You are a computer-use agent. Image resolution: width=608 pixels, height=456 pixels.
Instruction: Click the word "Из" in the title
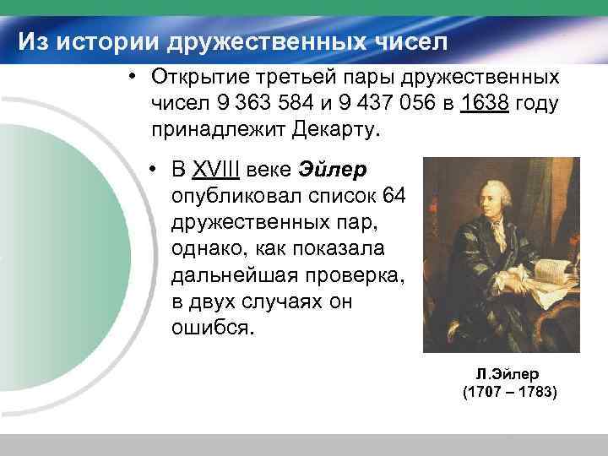coord(35,41)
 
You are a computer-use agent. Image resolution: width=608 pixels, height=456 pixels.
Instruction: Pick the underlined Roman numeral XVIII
coord(217,170)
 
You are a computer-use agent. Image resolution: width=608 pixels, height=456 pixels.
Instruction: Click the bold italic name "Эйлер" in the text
coord(332,170)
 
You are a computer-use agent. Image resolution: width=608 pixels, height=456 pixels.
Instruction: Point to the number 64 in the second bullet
coord(394,197)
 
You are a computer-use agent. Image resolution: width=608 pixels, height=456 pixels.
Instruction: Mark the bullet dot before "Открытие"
coord(133,78)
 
